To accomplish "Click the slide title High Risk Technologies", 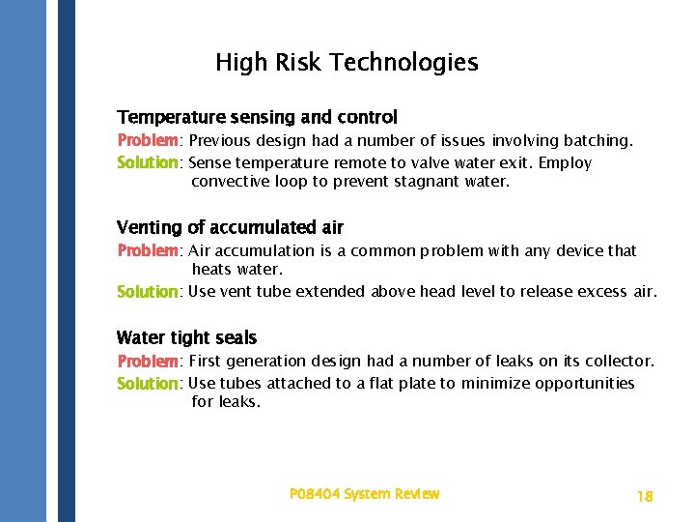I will pos(347,63).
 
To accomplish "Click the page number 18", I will pos(645,496).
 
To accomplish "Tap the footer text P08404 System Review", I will pos(364,494).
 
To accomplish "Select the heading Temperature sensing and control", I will pos(257,117).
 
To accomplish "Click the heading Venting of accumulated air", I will pos(230,227).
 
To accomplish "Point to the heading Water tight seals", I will pos(186,337).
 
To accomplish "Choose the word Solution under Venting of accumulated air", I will pos(148,292).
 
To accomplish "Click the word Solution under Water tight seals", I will pos(148,384).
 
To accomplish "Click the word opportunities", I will pos(590,384).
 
